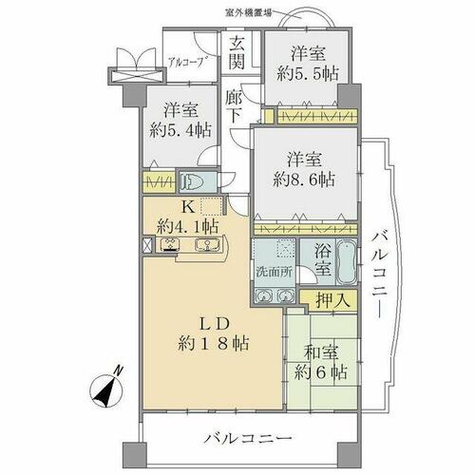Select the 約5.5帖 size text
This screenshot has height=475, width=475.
(308, 74)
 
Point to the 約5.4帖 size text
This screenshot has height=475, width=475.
(180, 130)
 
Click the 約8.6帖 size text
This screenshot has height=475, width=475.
(304, 180)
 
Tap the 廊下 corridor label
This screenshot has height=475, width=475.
(234, 106)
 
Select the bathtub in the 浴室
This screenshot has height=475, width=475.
(346, 262)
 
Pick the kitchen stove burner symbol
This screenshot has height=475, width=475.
(170, 245)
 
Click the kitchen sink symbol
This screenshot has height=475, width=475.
(206, 245)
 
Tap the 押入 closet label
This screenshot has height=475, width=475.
(332, 299)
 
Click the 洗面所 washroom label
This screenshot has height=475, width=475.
(275, 273)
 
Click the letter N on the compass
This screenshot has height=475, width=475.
(118, 370)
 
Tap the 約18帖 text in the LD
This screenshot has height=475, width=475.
(213, 344)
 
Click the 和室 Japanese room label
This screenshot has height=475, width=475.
(321, 352)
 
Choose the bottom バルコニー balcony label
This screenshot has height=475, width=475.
(248, 439)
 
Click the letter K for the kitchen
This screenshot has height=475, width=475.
(188, 208)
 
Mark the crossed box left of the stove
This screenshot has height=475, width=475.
(148, 244)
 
